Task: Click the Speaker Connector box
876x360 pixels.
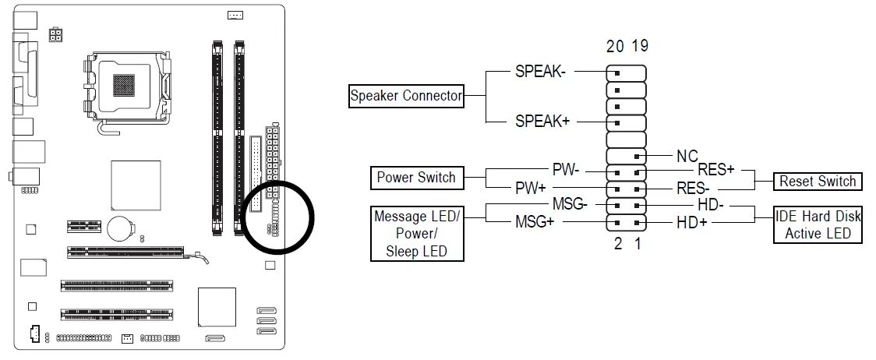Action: click(x=406, y=97)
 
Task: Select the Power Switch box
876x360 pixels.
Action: click(x=416, y=178)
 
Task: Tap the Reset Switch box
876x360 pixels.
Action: click(x=818, y=182)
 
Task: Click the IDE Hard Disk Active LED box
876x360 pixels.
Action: click(x=818, y=225)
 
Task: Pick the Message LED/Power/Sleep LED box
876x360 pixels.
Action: click(x=415, y=233)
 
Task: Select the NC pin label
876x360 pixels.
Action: click(x=687, y=157)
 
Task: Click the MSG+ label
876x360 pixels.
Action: click(x=535, y=222)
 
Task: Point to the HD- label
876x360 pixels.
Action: click(x=711, y=206)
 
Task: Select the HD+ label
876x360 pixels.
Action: click(x=692, y=223)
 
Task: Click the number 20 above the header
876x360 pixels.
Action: click(x=616, y=46)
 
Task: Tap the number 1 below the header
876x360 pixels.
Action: click(x=639, y=244)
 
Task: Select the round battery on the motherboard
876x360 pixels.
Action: click(x=119, y=228)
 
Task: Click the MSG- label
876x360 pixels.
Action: click(x=569, y=204)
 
